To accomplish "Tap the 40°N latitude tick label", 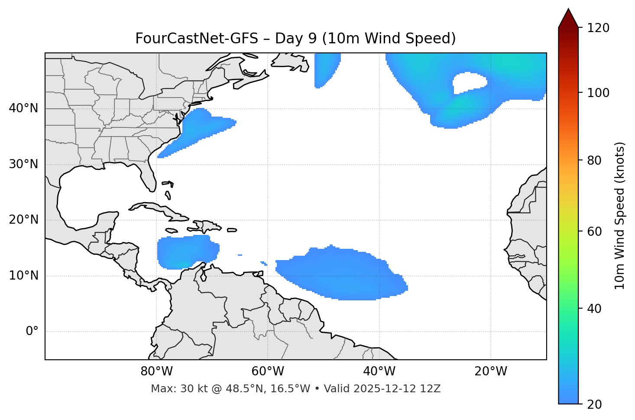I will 23,108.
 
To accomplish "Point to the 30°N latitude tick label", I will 23,164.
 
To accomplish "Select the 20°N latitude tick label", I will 23,220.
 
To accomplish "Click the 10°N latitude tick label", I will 23,276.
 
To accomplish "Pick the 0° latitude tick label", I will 32,332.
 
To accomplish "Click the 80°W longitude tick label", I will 156,371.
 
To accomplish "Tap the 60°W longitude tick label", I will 268,371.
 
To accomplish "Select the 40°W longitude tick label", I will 379,371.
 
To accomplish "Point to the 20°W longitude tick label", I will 490,371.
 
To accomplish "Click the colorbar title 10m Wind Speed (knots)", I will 620,215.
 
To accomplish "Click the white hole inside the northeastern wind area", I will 469,82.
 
